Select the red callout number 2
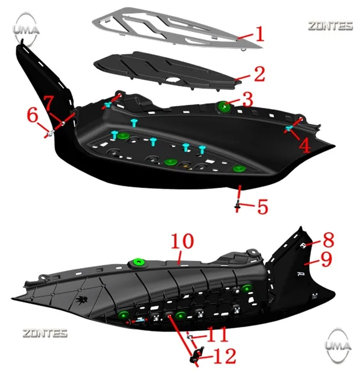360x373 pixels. [x=259, y=74]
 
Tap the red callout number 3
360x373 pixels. [x=248, y=99]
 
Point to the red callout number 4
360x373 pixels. [x=305, y=145]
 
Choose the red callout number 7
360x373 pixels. [x=49, y=103]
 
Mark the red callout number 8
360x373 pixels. [x=329, y=240]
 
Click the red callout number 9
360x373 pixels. [x=326, y=259]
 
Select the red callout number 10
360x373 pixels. [x=183, y=241]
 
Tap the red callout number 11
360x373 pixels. [x=217, y=334]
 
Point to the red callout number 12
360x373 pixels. [x=225, y=356]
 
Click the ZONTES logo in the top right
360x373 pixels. [x=330, y=26]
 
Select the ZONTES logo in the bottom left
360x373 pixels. [x=45, y=333]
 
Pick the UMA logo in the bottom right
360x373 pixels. [x=338, y=345]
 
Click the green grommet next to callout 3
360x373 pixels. [x=224, y=107]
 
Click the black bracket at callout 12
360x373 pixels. [x=197, y=354]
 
